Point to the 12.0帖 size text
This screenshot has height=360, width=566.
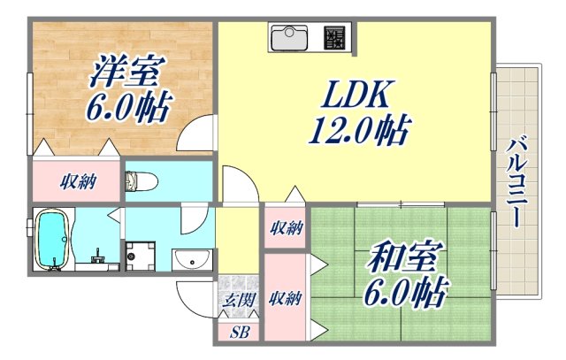[x=357, y=131]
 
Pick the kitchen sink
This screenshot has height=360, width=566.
[x=290, y=39]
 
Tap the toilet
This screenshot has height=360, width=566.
[x=141, y=181]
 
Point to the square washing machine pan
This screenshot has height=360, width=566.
[x=139, y=256]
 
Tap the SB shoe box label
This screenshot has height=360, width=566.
[x=240, y=333]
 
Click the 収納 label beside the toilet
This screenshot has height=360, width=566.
[x=78, y=183]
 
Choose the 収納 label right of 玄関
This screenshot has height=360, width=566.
[x=286, y=298]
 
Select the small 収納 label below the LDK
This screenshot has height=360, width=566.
[x=286, y=228]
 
